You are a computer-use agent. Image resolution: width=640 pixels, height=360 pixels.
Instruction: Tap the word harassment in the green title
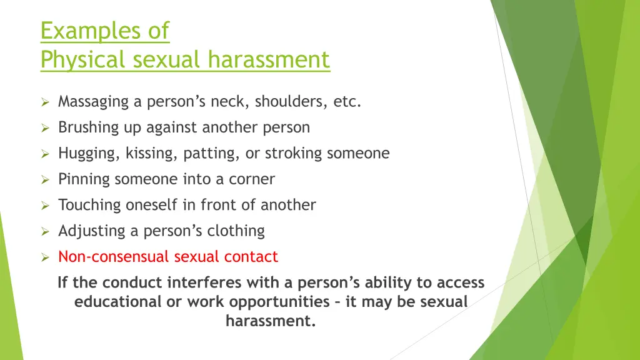pos(269,60)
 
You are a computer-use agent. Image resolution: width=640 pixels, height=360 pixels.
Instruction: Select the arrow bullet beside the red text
pos(45,257)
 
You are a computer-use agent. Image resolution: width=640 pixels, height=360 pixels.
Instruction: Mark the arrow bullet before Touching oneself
pos(45,206)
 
